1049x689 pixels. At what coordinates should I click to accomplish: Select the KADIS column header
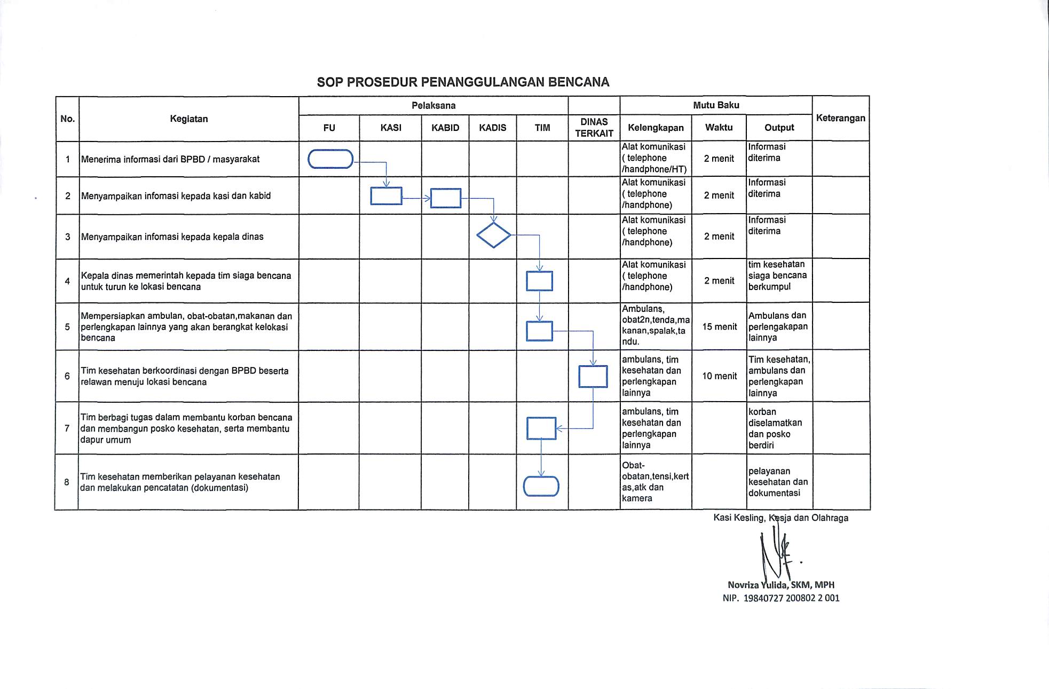(x=492, y=128)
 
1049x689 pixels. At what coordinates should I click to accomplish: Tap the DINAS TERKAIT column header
(x=594, y=128)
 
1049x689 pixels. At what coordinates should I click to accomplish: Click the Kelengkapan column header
(x=656, y=128)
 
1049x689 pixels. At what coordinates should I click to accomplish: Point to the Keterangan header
(x=840, y=118)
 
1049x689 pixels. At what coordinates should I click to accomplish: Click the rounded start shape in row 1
(x=330, y=159)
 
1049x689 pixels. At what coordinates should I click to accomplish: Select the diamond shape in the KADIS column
(x=493, y=235)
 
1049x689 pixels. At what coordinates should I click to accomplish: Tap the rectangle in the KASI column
(x=386, y=197)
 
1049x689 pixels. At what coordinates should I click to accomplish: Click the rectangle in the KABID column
(x=445, y=198)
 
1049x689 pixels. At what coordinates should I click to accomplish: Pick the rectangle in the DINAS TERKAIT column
(x=593, y=377)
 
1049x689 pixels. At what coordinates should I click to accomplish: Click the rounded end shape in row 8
(x=541, y=487)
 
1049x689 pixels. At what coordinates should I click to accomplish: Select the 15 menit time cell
(x=719, y=326)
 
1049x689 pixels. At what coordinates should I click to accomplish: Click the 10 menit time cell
(x=719, y=376)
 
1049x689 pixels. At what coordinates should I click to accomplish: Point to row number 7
(x=67, y=428)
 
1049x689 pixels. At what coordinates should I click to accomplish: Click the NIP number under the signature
(x=781, y=598)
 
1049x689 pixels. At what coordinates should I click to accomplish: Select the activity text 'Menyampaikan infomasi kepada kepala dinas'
(x=172, y=237)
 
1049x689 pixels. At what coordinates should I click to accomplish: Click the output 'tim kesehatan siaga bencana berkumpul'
(x=777, y=276)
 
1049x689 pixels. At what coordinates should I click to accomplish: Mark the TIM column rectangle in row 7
(x=541, y=428)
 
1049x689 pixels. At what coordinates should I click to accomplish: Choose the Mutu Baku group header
(x=715, y=105)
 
